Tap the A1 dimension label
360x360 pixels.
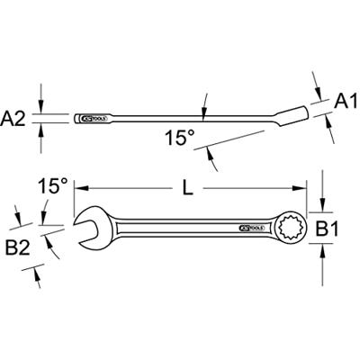(x=341, y=103)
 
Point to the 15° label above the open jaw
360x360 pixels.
(x=51, y=187)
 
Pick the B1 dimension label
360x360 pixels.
(x=340, y=230)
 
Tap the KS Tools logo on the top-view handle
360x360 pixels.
(x=251, y=229)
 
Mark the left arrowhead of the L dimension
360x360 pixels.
(x=78, y=189)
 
